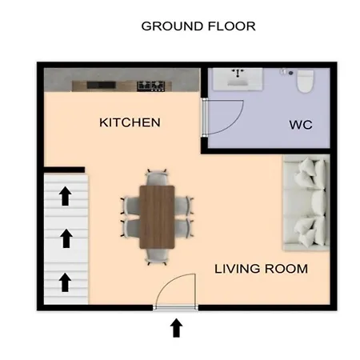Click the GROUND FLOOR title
(x=198, y=26)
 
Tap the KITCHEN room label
(x=130, y=122)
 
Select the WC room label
(x=301, y=125)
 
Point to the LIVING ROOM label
(x=261, y=269)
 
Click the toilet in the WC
(x=306, y=81)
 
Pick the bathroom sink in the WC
(x=238, y=79)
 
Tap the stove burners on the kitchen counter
(x=150, y=86)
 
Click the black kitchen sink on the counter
(x=101, y=85)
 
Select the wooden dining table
(x=157, y=217)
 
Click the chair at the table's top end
(x=157, y=178)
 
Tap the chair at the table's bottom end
(x=157, y=257)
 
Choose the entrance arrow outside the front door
(x=176, y=328)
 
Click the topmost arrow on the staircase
(x=66, y=196)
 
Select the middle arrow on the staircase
(x=66, y=238)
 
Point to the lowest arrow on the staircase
(x=65, y=282)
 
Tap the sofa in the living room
(x=306, y=202)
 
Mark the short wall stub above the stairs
(x=64, y=170)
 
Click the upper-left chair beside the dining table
(x=131, y=206)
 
